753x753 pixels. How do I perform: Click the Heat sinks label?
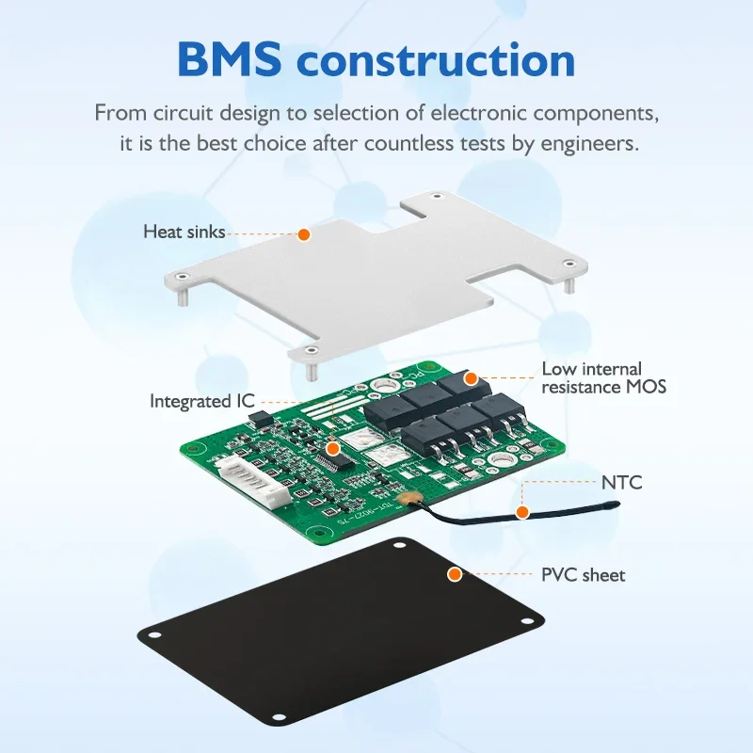tap(184, 231)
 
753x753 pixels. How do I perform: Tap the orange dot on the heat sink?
tap(304, 233)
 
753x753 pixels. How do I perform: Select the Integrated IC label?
tap(202, 401)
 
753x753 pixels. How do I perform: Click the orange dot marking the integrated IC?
tap(332, 450)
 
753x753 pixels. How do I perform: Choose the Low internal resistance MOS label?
tap(604, 377)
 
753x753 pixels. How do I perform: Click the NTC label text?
tap(621, 483)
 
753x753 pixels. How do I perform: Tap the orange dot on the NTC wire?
tap(521, 511)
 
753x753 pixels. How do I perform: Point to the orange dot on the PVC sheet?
tap(455, 573)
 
